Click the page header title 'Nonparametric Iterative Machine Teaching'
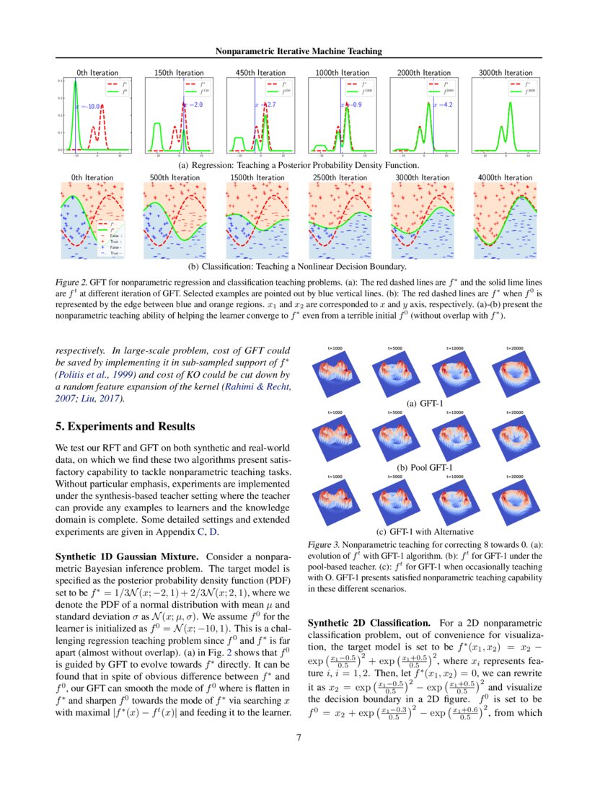tap(299, 50)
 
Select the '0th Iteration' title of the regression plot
tap(97, 73)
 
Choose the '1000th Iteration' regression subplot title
tap(343, 73)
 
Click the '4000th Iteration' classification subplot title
tap(505, 177)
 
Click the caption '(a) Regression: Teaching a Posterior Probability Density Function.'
tap(299, 165)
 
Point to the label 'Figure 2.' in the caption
tap(72, 281)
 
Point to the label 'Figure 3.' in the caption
tap(324, 546)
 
